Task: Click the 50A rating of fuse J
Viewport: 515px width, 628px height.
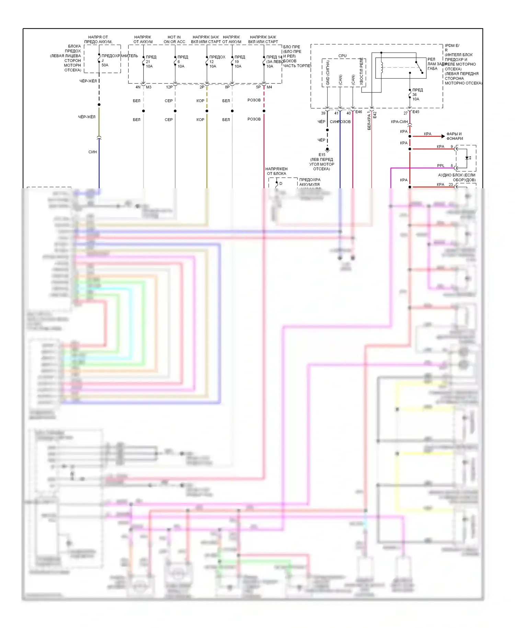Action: (105, 65)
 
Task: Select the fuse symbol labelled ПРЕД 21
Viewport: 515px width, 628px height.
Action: (144, 62)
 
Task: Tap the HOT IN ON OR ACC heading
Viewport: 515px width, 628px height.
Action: (174, 40)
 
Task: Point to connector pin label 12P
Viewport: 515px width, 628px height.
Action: (169, 87)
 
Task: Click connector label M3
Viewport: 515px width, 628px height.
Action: (149, 87)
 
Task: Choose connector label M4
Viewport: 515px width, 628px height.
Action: (269, 87)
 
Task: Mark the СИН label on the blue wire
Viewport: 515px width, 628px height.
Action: (93, 152)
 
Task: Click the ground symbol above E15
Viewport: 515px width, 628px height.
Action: (327, 150)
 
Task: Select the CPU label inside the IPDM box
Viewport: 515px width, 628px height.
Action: (342, 56)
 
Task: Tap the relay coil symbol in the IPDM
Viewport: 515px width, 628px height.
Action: (381, 68)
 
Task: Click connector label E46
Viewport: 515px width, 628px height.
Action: (359, 112)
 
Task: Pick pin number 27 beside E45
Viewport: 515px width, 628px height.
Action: (405, 113)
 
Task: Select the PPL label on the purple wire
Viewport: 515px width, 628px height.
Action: (440, 166)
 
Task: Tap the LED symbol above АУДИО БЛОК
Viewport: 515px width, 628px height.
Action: (467, 158)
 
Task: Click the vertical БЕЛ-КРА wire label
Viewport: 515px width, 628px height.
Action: (369, 120)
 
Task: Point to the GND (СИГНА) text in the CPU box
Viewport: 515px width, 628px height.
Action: (328, 72)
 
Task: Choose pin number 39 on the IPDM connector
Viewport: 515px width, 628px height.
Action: (323, 113)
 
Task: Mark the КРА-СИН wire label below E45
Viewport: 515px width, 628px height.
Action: (399, 122)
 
